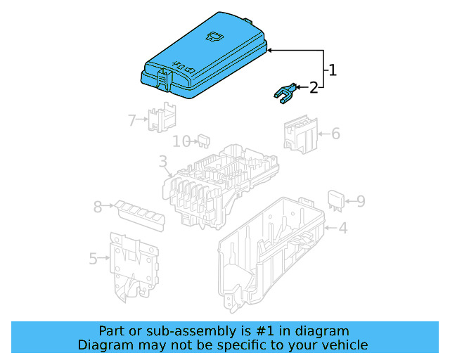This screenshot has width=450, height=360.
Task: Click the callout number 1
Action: [x=333, y=70]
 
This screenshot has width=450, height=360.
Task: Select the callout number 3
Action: [x=162, y=163]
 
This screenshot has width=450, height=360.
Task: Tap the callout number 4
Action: [x=342, y=228]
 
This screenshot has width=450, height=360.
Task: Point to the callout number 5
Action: [x=94, y=259]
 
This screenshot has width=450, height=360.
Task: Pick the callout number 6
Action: [x=335, y=133]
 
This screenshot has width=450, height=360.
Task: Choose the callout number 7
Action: [x=131, y=120]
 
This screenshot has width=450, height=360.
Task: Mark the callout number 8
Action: [x=98, y=207]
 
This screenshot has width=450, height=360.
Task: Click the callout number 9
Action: [x=360, y=202]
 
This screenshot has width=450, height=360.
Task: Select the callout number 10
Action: [x=181, y=141]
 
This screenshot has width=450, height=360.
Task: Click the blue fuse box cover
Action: [x=204, y=56]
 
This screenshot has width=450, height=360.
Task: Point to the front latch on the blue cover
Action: [x=163, y=77]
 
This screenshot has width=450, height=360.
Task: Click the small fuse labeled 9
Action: [x=336, y=200]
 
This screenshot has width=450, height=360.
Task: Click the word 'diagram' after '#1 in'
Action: [x=320, y=330]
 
